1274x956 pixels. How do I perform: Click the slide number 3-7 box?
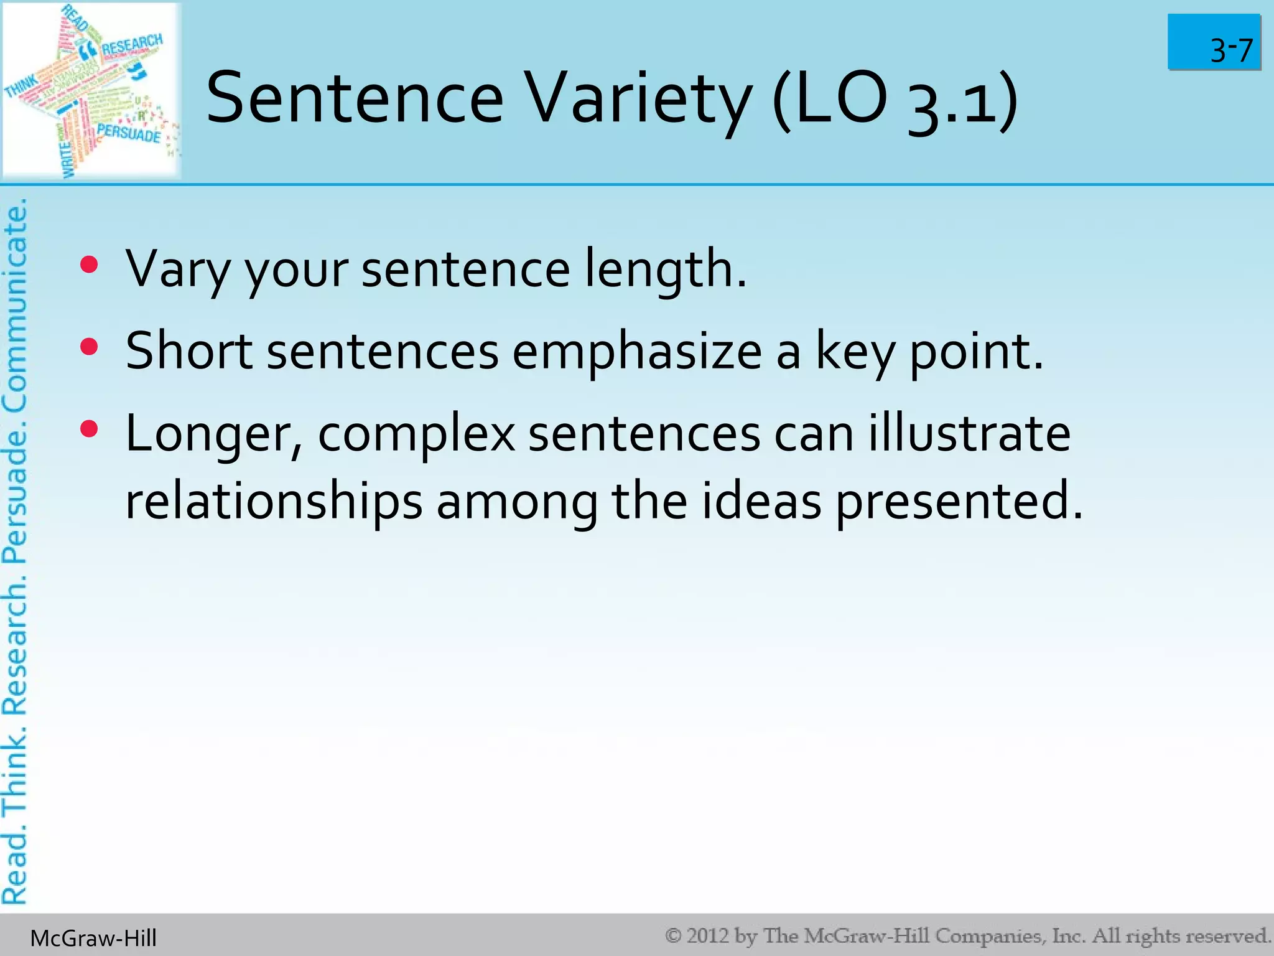coord(1214,42)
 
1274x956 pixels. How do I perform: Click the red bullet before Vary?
coord(90,265)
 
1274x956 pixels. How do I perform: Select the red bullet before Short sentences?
coord(90,347)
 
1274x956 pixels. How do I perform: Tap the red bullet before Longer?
coord(90,429)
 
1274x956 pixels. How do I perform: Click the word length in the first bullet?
coord(664,269)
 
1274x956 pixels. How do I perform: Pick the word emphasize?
coord(637,352)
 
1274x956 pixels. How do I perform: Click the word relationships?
coord(274,502)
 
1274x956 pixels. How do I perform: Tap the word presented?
coord(958,502)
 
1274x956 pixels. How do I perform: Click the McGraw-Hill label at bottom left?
coord(93,938)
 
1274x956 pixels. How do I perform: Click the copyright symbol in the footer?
coord(673,935)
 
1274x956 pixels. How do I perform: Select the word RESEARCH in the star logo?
coord(132,45)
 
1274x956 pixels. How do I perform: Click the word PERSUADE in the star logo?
coord(129,133)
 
